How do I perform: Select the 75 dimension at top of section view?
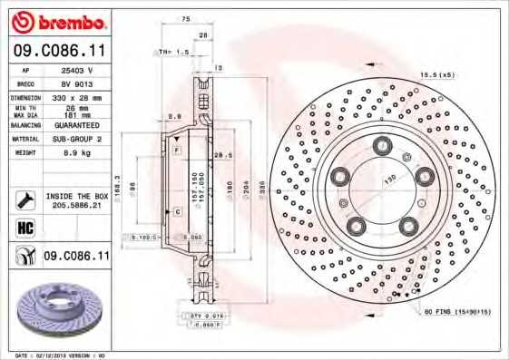tap(186, 19)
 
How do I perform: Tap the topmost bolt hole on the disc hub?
tap(382, 144)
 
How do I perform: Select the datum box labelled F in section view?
tap(177, 148)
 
